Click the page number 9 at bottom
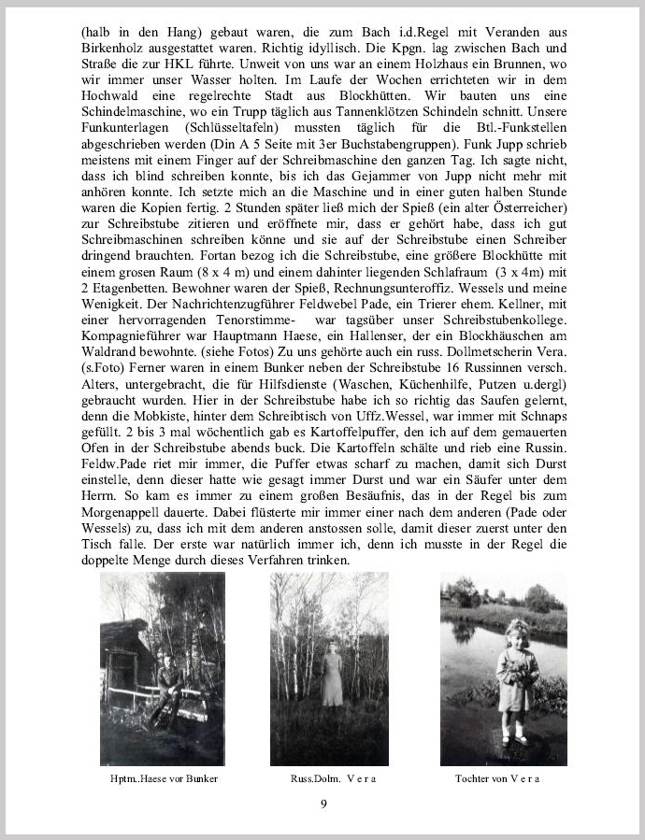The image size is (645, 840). tap(323, 805)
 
